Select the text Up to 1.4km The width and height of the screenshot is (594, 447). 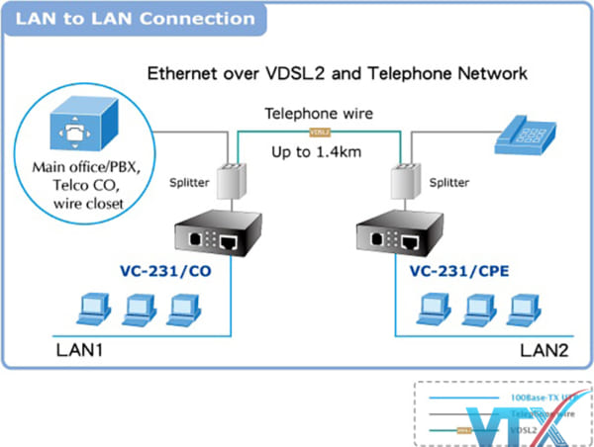coord(320,152)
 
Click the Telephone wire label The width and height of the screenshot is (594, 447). coord(319,113)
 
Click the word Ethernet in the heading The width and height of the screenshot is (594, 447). coord(184,72)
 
